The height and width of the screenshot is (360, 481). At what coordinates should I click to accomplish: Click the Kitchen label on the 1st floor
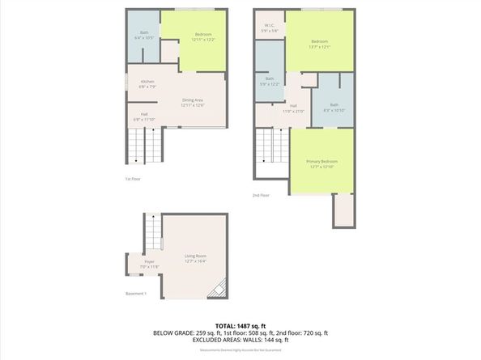pos(147,83)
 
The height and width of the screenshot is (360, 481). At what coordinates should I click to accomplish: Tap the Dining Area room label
pos(192,103)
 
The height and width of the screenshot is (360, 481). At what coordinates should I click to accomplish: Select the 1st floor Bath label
pos(144,36)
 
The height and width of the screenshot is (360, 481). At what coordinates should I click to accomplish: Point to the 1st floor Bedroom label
pos(203,36)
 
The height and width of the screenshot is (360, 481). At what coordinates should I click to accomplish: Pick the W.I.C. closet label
pos(270,28)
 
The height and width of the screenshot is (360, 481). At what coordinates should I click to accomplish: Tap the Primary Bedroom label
pos(321,164)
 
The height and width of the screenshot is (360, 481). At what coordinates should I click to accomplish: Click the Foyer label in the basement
pos(150,264)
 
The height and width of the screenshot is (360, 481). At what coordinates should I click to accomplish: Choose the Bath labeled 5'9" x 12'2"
pos(269,81)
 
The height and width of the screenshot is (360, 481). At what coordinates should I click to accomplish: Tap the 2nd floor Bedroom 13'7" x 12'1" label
pos(320,44)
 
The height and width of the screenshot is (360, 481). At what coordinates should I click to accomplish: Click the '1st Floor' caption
pos(133,179)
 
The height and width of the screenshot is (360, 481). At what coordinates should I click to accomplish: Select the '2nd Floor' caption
pos(261,195)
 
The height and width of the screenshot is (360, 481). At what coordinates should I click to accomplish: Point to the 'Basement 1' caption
pos(135,293)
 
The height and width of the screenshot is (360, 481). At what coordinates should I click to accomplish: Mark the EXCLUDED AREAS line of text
pos(240,341)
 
